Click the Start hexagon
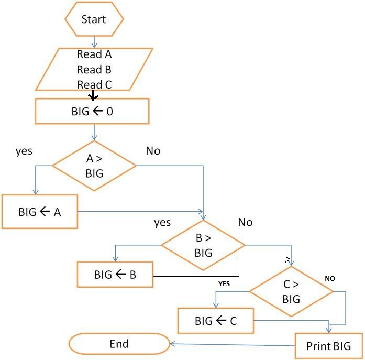pos(94,19)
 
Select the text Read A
pos(94,54)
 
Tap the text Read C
pos(94,84)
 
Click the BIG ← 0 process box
pos(92,111)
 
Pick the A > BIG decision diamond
pos(94,166)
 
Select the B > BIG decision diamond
pos(203,245)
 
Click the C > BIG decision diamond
pos(291,292)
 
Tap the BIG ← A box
pos(40,212)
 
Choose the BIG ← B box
pos(115,275)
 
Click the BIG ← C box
pos(216,321)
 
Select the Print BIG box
pos(329,346)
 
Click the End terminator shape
pos(119,344)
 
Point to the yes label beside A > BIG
pos(24,151)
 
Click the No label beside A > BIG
pos(153,151)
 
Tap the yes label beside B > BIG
pos(162,223)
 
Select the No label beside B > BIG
pos(245,222)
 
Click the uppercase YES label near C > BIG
pos(224,283)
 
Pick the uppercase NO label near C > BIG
pos(329,279)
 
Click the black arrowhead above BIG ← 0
pos(93,96)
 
